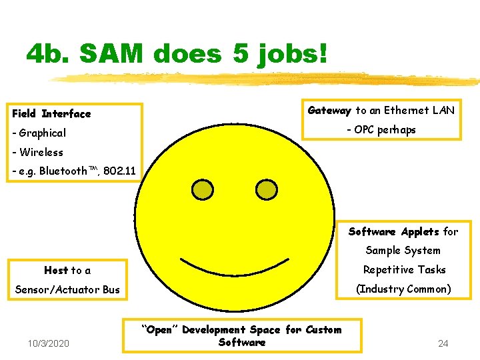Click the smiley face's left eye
point(203,191)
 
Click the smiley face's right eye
point(267,191)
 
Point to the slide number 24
point(443,344)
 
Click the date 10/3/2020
point(49,344)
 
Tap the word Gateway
point(329,111)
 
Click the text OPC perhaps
point(382,130)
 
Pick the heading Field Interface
point(51,114)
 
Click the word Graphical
point(42,133)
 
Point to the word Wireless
point(41,153)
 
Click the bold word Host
point(56,271)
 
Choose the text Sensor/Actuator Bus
point(66,290)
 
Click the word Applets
point(419,232)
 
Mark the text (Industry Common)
point(403,289)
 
